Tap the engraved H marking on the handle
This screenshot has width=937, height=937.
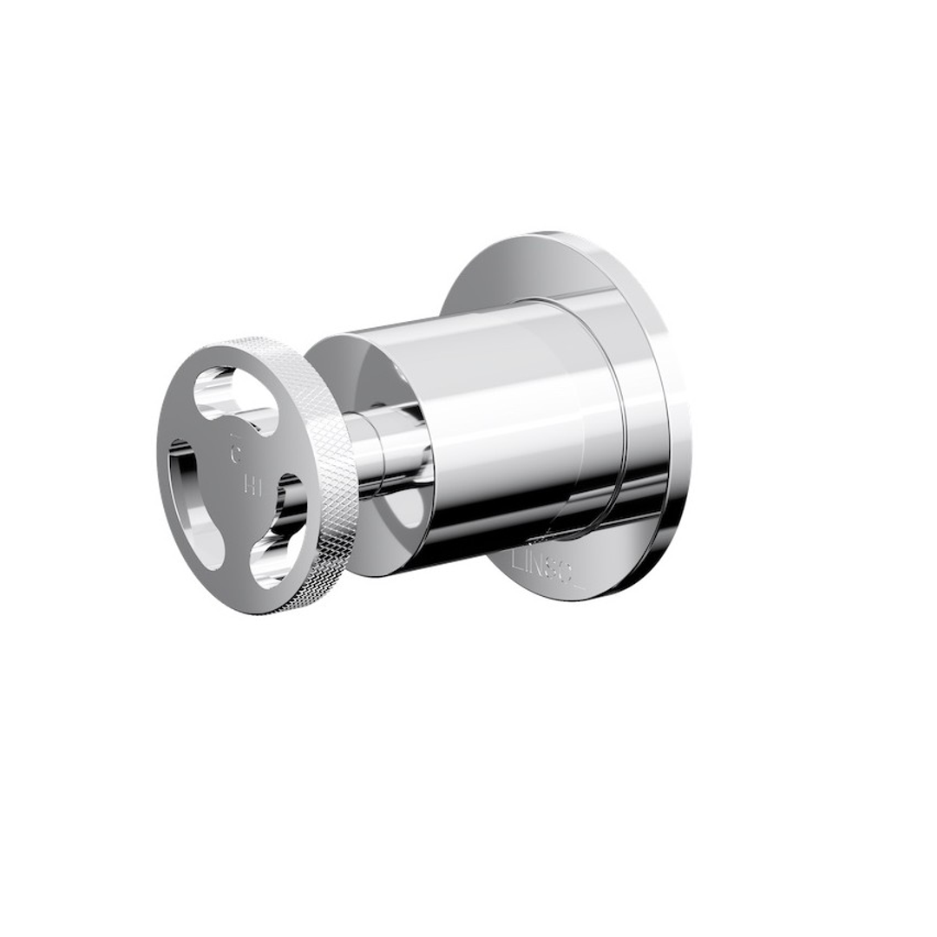point(252,487)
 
